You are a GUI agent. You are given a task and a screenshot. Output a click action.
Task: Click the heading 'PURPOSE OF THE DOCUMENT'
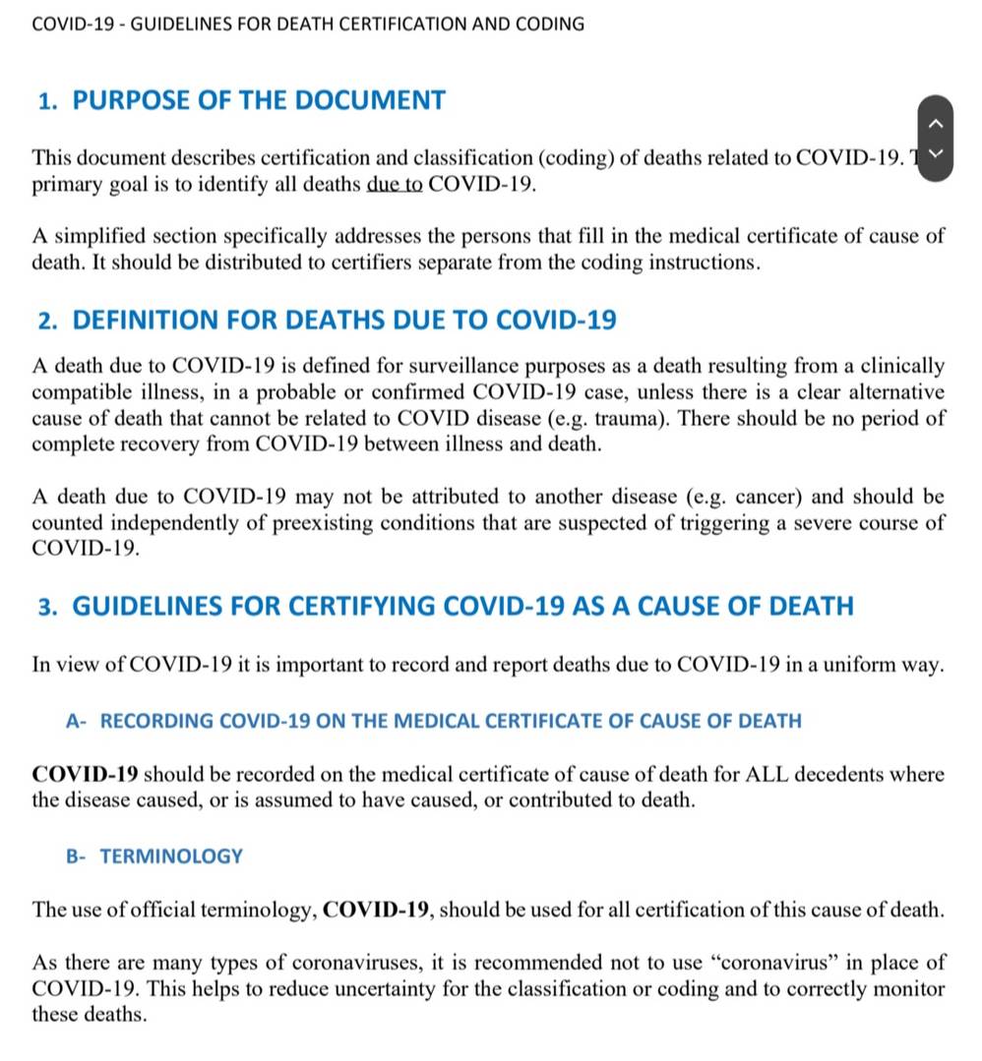tap(259, 100)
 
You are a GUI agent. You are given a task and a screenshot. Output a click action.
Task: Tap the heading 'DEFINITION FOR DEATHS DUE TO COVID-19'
tap(344, 321)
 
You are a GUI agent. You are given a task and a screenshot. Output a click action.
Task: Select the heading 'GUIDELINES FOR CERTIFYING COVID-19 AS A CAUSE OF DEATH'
tap(462, 606)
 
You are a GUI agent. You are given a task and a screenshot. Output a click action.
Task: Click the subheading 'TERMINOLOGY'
tap(171, 855)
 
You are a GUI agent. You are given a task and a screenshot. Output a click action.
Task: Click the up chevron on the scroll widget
tap(936, 123)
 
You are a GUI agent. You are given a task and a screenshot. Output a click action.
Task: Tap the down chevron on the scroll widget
tap(936, 153)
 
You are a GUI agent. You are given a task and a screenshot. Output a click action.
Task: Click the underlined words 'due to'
tap(395, 185)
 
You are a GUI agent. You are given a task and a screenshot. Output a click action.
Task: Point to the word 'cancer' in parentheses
tap(760, 496)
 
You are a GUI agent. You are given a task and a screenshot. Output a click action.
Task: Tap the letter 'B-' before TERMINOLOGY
tap(76, 856)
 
